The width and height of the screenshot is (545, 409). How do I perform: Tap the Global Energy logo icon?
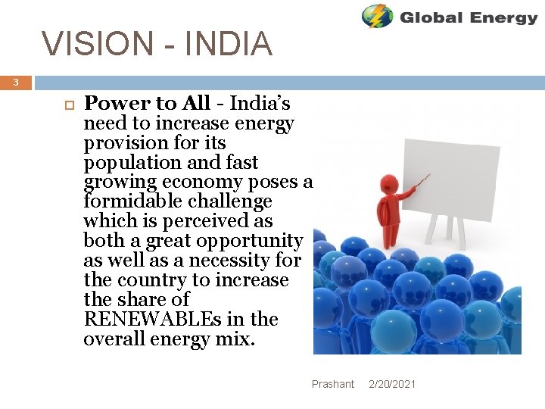(376, 16)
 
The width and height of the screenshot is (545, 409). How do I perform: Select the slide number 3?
(16, 83)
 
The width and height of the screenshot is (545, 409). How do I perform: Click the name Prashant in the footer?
(333, 384)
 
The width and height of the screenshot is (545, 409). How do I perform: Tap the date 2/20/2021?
(392, 384)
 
